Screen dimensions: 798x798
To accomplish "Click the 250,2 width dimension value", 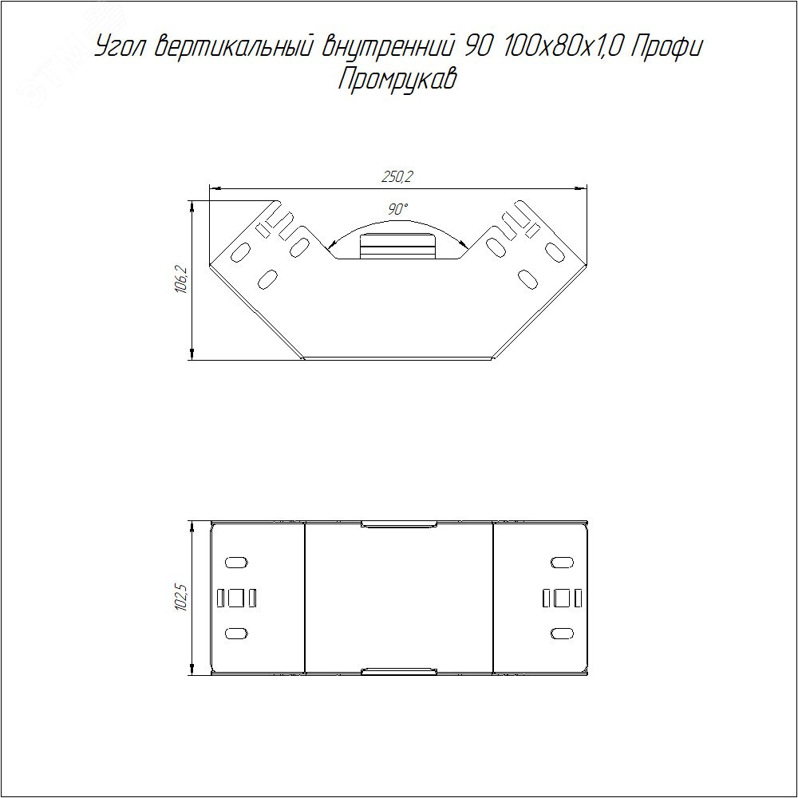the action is (397, 176).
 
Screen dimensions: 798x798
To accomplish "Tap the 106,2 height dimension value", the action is (181, 280).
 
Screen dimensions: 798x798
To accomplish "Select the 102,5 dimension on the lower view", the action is (181, 598).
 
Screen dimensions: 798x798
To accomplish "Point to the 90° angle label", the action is (397, 209).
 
